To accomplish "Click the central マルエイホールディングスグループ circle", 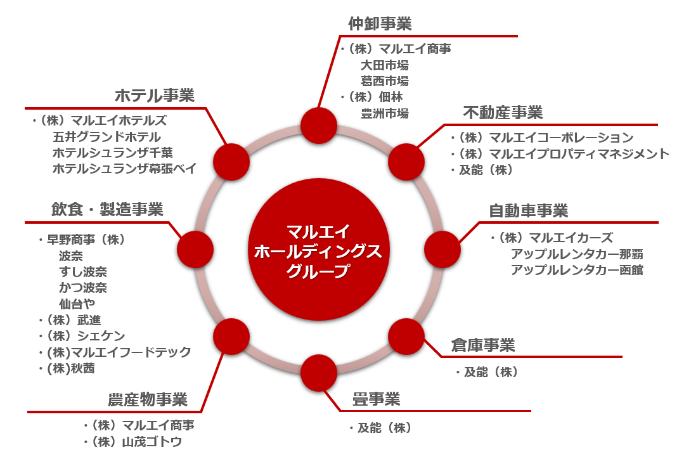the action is (x=319, y=250).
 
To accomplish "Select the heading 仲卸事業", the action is (x=380, y=23).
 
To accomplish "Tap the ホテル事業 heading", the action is (x=155, y=96).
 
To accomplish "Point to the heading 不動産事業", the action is (x=503, y=112).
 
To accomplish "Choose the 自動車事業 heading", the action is (x=528, y=210).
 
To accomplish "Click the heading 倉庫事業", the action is (x=483, y=345).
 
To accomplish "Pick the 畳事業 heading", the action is (x=376, y=399).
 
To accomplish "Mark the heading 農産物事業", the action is (x=148, y=399).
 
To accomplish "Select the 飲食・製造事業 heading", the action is (x=107, y=209).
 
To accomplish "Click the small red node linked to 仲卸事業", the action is (x=319, y=126).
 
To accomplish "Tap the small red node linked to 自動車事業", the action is (x=442, y=250).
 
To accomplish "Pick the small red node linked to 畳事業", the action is (x=319, y=373).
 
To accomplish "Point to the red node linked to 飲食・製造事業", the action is (x=195, y=250).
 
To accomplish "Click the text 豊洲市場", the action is (x=384, y=113).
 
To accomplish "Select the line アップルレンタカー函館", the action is (x=577, y=270).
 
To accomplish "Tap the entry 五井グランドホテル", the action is (x=106, y=137).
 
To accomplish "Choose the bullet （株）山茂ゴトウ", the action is (x=132, y=442).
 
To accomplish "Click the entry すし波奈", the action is (x=83, y=272).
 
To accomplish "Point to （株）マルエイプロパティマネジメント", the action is (x=560, y=153).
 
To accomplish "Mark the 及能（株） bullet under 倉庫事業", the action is (x=486, y=372).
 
